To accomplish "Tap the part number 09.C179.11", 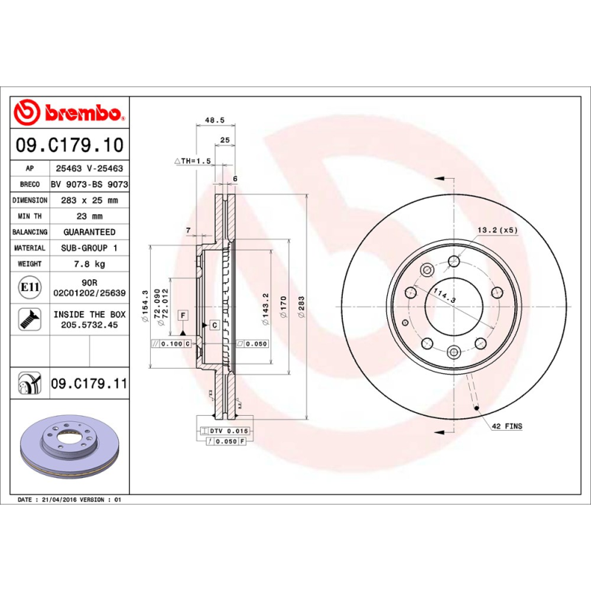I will click(89, 384).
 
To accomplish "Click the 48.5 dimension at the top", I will click(214, 120).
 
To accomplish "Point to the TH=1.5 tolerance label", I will click(193, 160).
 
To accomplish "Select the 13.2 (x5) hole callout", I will click(498, 230).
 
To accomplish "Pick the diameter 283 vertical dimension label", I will click(301, 307).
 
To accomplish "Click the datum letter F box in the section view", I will click(181, 315).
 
